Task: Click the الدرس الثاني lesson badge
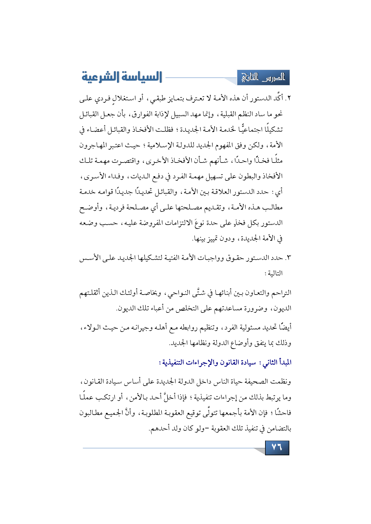coord(263,78)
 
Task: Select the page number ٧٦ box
coord(277,448)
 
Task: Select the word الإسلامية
coord(157,145)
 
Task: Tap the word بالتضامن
coord(277,428)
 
